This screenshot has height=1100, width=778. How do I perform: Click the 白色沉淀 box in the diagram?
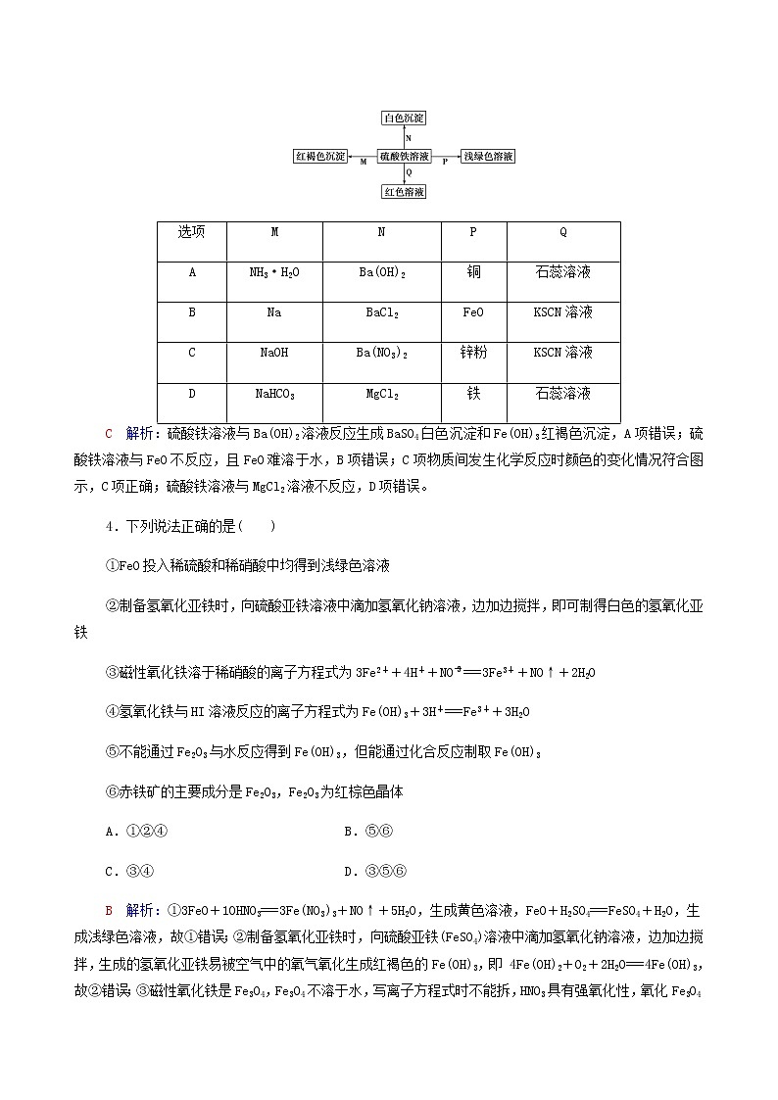coord(404,118)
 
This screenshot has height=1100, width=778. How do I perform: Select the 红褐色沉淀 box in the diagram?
coord(320,157)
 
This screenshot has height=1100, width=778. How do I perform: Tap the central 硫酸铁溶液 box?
coord(405,157)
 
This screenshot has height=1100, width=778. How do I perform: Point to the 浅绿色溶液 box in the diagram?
coord(488,157)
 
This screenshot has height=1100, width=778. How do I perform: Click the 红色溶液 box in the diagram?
coord(404,192)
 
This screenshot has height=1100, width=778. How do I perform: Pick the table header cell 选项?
coord(192,232)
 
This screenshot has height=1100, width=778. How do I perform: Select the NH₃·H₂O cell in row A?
coord(274,272)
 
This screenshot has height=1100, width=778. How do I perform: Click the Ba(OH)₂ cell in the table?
coord(381,272)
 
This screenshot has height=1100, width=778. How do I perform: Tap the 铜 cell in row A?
coord(473,272)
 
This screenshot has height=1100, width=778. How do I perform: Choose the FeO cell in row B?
coord(473,312)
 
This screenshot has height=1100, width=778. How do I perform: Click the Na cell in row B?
coord(274,312)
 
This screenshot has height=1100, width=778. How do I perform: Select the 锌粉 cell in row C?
coord(473,353)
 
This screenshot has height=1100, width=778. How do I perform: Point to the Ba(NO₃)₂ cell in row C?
coord(381,353)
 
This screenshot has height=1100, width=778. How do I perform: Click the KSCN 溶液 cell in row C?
coord(562,353)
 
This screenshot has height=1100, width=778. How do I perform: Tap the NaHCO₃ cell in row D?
coord(274,394)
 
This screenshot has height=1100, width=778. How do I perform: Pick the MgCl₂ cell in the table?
coord(381,394)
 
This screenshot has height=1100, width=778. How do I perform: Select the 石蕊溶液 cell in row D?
coord(562,394)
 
